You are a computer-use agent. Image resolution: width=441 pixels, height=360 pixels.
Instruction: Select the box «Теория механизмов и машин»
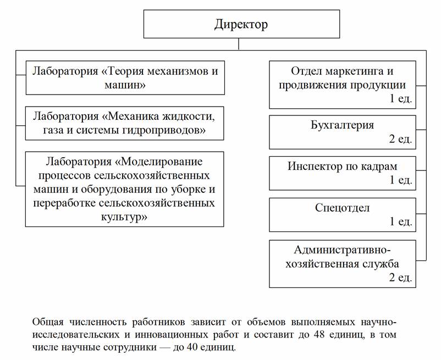point(125,77)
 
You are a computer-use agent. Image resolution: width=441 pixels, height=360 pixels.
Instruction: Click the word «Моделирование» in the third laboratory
point(159,163)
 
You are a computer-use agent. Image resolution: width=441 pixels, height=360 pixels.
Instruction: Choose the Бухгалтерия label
point(342,125)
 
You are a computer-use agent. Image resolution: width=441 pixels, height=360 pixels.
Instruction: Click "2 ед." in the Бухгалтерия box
point(400,139)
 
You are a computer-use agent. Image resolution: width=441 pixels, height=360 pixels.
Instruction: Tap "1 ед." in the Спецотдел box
point(400,221)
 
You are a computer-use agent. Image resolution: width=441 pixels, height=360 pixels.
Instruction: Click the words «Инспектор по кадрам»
point(342,166)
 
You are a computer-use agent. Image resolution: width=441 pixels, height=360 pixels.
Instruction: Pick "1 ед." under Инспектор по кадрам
point(400,180)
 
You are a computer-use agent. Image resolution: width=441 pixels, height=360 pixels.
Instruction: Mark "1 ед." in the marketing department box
point(400,98)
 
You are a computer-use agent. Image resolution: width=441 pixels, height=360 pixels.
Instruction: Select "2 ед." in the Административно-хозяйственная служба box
point(400,277)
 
